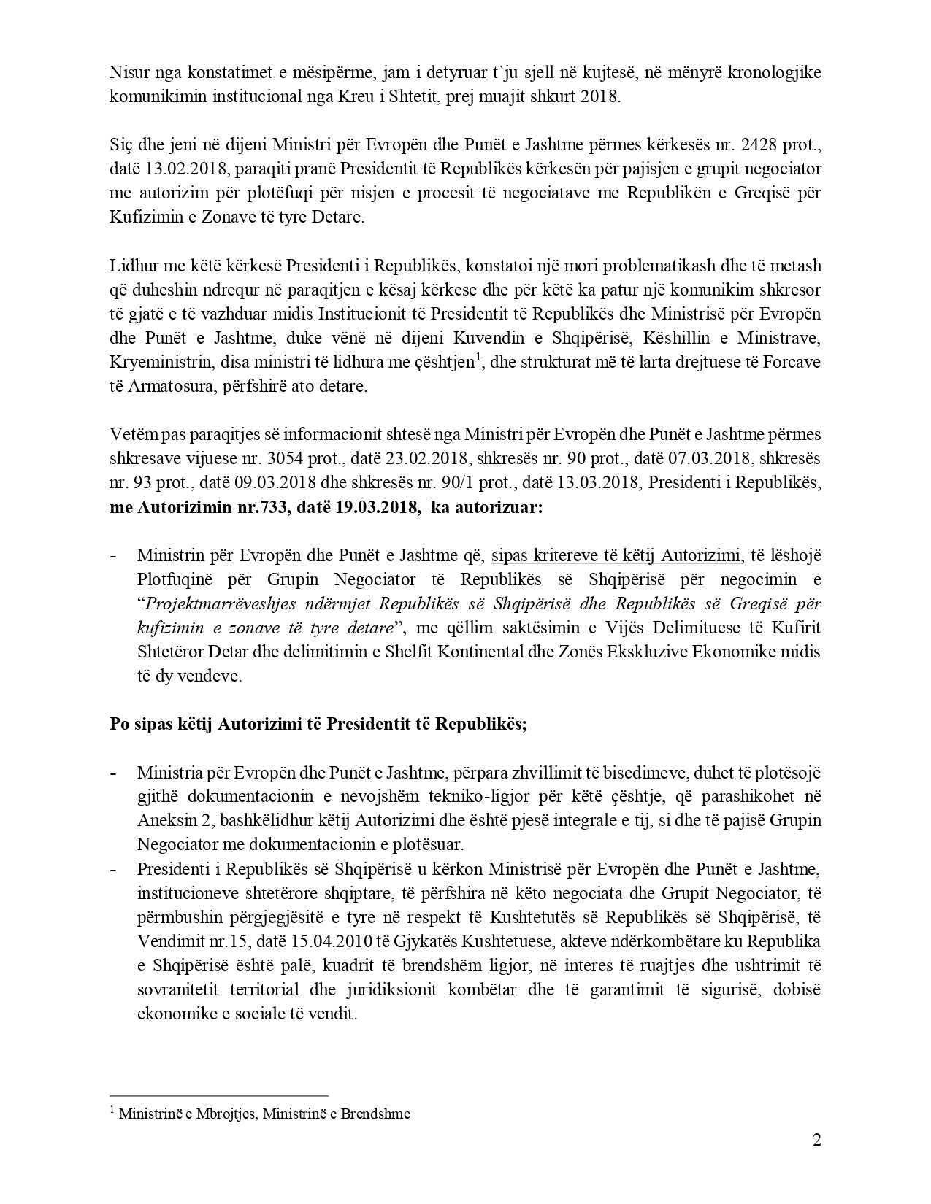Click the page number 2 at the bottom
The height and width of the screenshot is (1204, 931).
816,1140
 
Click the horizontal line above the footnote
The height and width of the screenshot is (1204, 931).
218,1095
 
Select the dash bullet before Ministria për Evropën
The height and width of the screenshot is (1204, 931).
114,772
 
